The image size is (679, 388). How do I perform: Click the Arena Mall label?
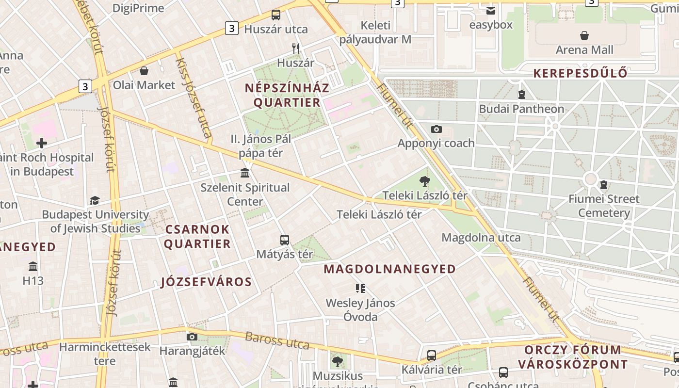[584, 50]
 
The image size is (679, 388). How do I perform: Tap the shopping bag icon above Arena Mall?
[584, 35]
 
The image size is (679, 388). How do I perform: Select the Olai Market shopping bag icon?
[144, 71]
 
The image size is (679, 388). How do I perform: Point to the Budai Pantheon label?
[521, 109]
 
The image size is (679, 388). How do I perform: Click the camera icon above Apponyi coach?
[436, 129]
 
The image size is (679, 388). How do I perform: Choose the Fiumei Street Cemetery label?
[604, 206]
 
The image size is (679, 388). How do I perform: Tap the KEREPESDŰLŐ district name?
[580, 73]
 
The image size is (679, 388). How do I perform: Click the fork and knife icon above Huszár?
[296, 48]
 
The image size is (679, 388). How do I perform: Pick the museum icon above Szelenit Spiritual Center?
[245, 173]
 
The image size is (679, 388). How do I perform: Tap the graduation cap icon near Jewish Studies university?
[95, 200]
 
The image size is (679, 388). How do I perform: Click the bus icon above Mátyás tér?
[285, 240]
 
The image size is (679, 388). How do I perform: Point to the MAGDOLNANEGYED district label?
[389, 269]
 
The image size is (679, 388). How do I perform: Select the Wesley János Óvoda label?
[360, 310]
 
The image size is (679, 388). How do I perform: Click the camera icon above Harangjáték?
[192, 337]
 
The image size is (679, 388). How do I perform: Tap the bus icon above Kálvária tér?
[432, 355]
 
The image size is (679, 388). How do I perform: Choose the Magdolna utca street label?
[481, 238]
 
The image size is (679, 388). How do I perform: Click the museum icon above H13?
[33, 266]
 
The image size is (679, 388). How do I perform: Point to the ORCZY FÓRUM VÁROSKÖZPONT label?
[572, 357]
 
